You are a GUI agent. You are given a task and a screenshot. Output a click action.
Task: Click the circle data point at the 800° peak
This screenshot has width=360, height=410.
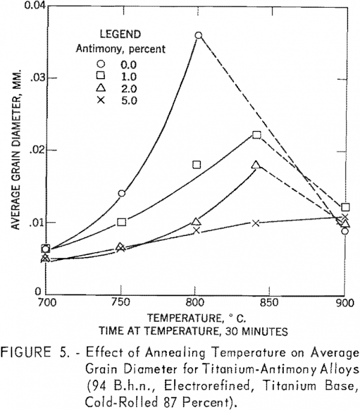click(199, 35)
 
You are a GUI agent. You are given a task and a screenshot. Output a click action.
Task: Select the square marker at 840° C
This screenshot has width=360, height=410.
click(257, 134)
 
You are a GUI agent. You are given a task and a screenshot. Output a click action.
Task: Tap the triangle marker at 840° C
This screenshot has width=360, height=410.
click(256, 165)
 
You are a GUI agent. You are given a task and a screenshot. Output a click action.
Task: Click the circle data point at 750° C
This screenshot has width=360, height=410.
click(122, 193)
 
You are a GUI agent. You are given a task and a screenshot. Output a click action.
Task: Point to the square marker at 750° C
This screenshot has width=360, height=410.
click(122, 222)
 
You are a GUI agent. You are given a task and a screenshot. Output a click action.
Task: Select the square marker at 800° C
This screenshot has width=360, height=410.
click(196, 164)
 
